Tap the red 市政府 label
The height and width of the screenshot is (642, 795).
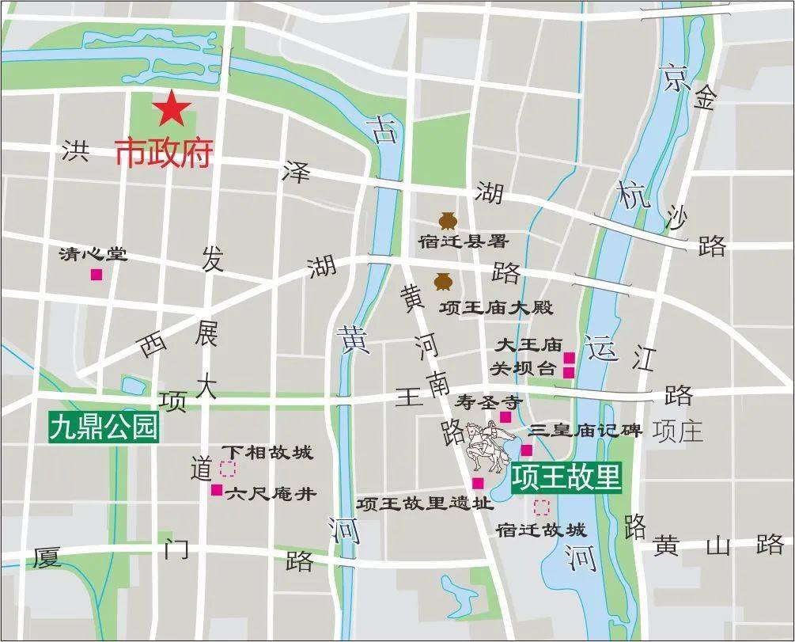click(165, 153)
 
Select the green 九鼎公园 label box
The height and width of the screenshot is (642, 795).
click(104, 428)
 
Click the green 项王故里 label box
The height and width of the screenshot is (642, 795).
click(566, 478)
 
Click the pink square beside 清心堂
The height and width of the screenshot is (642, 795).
click(97, 275)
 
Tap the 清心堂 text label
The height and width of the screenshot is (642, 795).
click(93, 255)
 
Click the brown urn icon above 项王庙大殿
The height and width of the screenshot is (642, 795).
click(441, 281)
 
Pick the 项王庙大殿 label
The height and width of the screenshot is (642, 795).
click(496, 308)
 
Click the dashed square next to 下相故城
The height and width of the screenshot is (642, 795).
click(228, 469)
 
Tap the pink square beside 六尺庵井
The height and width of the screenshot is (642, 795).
click(216, 490)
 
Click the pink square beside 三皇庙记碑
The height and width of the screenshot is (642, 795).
click(527, 450)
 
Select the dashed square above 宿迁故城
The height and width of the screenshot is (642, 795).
click(543, 507)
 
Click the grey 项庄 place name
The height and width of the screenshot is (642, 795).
click(678, 431)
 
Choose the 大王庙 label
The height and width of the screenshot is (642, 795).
click(528, 345)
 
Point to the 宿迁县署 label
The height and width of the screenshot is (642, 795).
click(464, 241)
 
